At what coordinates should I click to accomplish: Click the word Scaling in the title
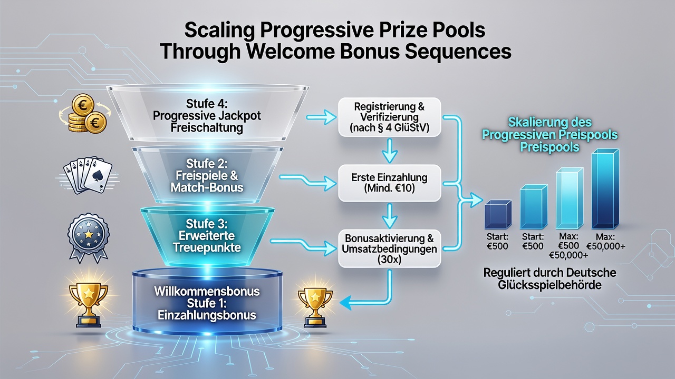pos(219,31)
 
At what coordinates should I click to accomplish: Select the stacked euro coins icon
pos(85,113)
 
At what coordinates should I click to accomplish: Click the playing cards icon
pos(88,175)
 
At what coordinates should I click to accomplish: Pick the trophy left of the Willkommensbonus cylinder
pos(89,304)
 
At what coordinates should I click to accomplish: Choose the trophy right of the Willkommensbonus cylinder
pos(315,308)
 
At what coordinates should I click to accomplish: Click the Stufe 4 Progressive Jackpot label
pos(207,116)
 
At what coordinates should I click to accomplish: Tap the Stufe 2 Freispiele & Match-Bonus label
pos(207,175)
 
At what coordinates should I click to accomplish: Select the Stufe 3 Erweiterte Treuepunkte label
pos(207,235)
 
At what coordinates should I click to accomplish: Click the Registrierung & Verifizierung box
pos(390,117)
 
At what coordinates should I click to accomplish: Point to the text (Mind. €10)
pos(389,188)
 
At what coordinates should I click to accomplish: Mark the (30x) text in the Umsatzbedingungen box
pos(389,260)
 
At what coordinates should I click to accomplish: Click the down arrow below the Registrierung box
pos(390,151)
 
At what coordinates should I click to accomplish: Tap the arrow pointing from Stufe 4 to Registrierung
pos(321,117)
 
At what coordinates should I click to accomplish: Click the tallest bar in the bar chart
pos(605,189)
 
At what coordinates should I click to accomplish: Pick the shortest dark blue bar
pos(498,215)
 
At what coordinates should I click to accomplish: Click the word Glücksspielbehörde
pos(549,285)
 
